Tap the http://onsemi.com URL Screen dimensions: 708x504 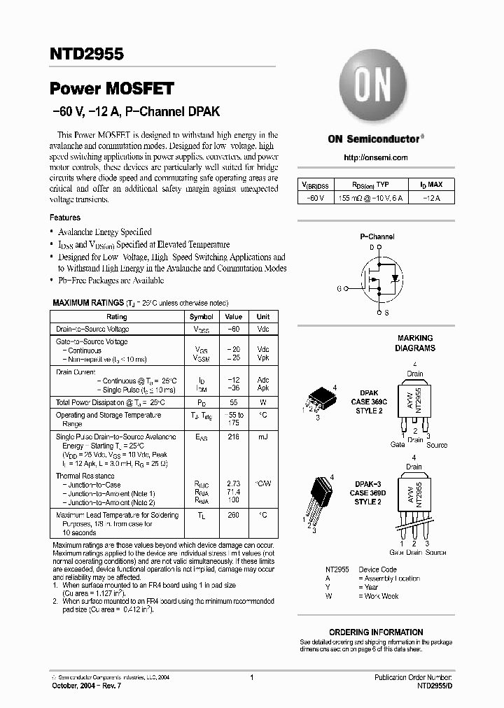tap(375, 158)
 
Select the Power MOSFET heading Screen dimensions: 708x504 tap(111, 89)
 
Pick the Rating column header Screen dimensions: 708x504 tap(117, 317)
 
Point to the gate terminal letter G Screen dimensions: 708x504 tap(339, 288)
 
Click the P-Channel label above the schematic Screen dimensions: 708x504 tap(377, 237)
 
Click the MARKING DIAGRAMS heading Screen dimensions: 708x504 tap(415, 343)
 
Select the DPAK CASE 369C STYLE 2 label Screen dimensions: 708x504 tap(368, 402)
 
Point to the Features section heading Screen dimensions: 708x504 tap(64, 218)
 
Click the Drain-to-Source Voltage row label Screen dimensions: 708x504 tap(92, 329)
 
